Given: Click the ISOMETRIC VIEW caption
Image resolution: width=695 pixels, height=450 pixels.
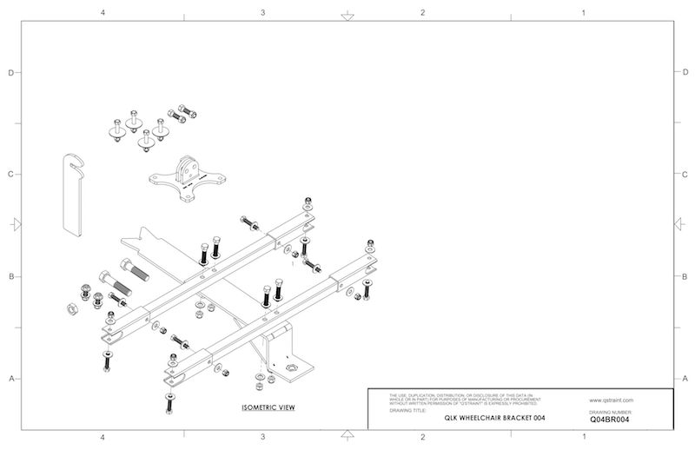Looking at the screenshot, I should click(265, 407).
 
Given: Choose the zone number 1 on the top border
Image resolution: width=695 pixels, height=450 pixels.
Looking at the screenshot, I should click(583, 13).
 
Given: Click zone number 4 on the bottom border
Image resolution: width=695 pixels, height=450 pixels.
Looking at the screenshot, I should click(103, 436).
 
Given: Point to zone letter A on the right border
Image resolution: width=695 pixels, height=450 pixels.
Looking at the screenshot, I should click(685, 379).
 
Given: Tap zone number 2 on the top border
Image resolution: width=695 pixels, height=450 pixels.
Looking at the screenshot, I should click(422, 13).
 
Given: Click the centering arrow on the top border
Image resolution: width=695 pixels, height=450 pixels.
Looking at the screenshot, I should click(347, 15).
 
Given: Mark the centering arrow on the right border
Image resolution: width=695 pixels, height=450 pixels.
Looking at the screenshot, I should click(684, 225).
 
